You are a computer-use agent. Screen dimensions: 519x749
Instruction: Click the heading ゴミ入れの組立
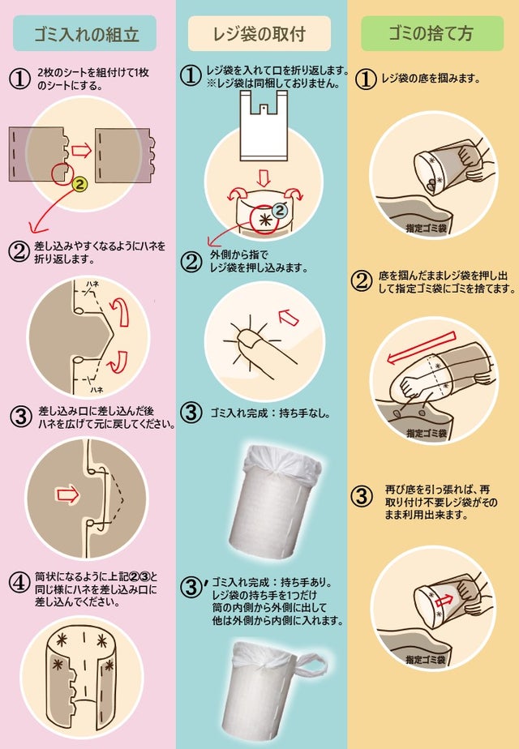(87, 34)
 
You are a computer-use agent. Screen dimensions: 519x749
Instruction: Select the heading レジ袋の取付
(259, 34)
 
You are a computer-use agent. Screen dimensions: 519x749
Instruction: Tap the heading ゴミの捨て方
(431, 33)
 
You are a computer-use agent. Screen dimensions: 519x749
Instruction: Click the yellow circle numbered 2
(80, 184)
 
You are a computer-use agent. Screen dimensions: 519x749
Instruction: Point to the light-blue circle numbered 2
(279, 210)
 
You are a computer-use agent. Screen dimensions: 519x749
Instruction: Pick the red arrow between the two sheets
(81, 151)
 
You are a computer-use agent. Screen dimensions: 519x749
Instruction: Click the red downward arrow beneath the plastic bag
(264, 178)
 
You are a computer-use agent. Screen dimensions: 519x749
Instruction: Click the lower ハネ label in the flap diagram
(97, 390)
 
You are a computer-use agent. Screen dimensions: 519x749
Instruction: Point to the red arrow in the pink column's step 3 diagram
(67, 494)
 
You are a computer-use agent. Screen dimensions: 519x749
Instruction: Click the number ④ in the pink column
(19, 583)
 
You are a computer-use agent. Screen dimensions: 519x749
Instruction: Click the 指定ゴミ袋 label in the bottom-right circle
(426, 660)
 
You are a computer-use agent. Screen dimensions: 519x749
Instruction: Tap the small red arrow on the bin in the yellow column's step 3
(444, 601)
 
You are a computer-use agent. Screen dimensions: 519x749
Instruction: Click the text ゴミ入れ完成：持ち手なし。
(271, 413)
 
